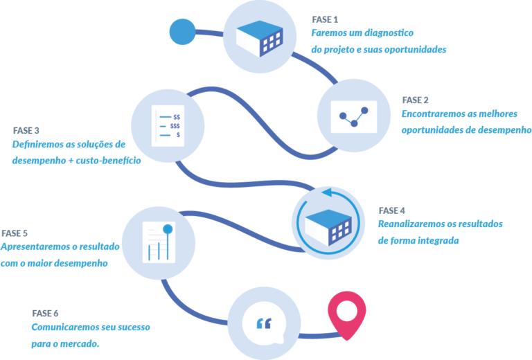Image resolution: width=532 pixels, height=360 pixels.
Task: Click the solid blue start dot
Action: [x=183, y=31]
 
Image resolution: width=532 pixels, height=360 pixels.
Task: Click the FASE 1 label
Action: [x=325, y=19]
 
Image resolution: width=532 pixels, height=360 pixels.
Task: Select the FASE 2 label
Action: [x=415, y=99]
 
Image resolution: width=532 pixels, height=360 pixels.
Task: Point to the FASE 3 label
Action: [x=26, y=130]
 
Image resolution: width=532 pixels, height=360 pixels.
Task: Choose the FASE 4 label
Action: [x=391, y=210]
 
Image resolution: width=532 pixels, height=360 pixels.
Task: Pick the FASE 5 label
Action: [x=15, y=233]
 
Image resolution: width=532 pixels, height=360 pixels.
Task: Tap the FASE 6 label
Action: [x=45, y=313]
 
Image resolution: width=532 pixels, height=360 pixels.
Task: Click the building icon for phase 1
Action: [x=260, y=37]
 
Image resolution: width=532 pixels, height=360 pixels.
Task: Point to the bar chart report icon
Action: [x=157, y=240]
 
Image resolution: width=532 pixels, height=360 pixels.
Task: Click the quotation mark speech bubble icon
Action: [x=264, y=323]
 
